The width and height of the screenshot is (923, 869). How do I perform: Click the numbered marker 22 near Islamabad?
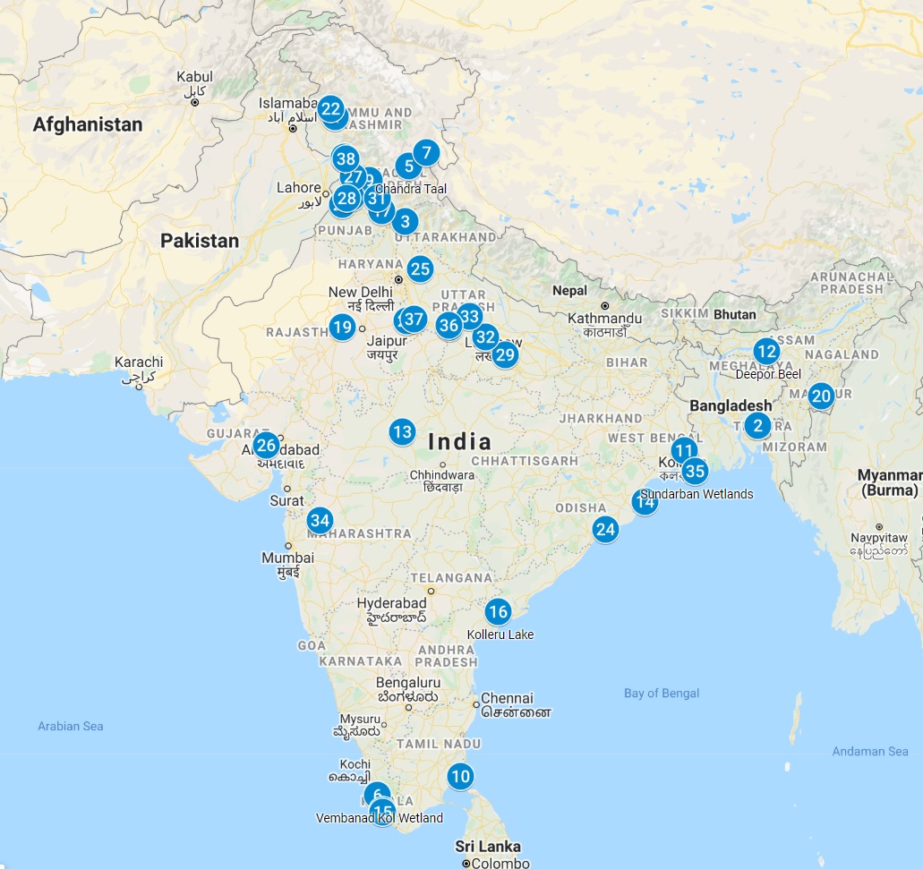pyautogui.click(x=330, y=110)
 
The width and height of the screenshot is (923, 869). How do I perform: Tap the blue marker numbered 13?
pyautogui.click(x=402, y=432)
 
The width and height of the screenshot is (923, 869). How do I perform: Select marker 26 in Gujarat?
pyautogui.click(x=266, y=445)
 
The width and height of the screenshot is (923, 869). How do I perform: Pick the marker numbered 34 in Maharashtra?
pyautogui.click(x=320, y=520)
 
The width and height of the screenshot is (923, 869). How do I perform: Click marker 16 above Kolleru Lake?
pyautogui.click(x=498, y=612)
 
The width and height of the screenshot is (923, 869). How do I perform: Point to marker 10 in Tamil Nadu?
pyautogui.click(x=460, y=776)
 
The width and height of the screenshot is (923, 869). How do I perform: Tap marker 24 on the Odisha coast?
pyautogui.click(x=605, y=529)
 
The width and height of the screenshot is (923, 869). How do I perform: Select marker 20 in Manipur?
pyautogui.click(x=821, y=395)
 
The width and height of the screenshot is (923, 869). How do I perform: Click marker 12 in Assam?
pyautogui.click(x=765, y=351)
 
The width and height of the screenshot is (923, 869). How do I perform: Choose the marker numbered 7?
pyautogui.click(x=426, y=152)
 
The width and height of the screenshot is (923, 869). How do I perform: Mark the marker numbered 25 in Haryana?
pyautogui.click(x=420, y=268)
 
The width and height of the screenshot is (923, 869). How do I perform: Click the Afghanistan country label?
pyautogui.click(x=88, y=124)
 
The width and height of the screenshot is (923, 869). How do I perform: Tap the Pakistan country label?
pyautogui.click(x=200, y=241)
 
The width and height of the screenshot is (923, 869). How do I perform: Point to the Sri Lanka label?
pyautogui.click(x=488, y=847)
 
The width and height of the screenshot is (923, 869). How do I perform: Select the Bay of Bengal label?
pyautogui.click(x=662, y=693)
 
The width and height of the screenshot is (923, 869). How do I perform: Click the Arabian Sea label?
pyautogui.click(x=70, y=726)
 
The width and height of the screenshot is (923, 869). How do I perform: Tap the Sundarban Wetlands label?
pyautogui.click(x=697, y=494)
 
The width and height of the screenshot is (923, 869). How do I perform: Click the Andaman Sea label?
pyautogui.click(x=869, y=752)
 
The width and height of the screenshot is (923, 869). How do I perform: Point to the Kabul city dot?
pyautogui.click(x=194, y=102)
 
